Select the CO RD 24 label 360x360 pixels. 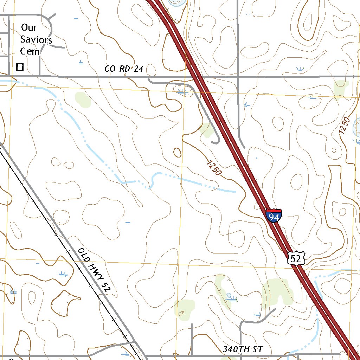[x=124, y=69]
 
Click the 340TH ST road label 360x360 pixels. [x=243, y=349]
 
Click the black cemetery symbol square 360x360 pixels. [x=20, y=66]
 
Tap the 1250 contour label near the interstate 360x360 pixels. [x=214, y=168]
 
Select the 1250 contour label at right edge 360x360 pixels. [x=345, y=126]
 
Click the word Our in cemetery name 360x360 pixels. [x=29, y=27]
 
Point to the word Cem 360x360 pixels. [x=30, y=51]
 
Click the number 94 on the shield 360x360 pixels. [x=274, y=218]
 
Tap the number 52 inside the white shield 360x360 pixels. [x=295, y=259]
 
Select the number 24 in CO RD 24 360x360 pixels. [x=138, y=69]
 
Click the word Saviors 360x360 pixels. [x=36, y=40]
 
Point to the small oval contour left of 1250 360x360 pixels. [x=178, y=152]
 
